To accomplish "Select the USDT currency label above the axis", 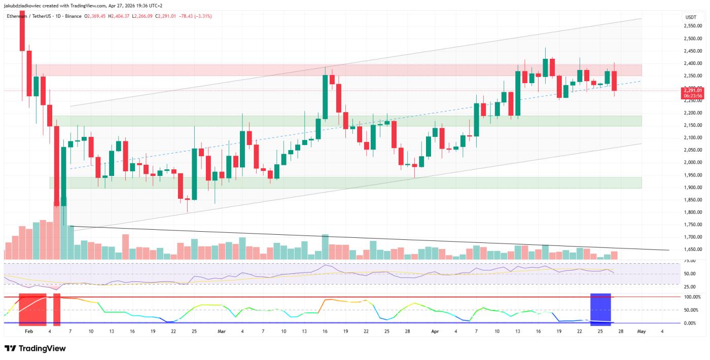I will [690, 17].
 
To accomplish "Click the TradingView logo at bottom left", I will [35, 348].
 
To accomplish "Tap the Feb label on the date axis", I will [28, 331].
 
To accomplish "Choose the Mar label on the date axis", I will [221, 331].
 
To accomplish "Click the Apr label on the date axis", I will [434, 331].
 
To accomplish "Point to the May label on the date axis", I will [641, 331].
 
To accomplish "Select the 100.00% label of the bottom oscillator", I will [692, 297].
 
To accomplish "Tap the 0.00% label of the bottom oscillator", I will [692, 323].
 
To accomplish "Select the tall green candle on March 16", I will [325, 97].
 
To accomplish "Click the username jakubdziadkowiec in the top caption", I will [22, 6].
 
